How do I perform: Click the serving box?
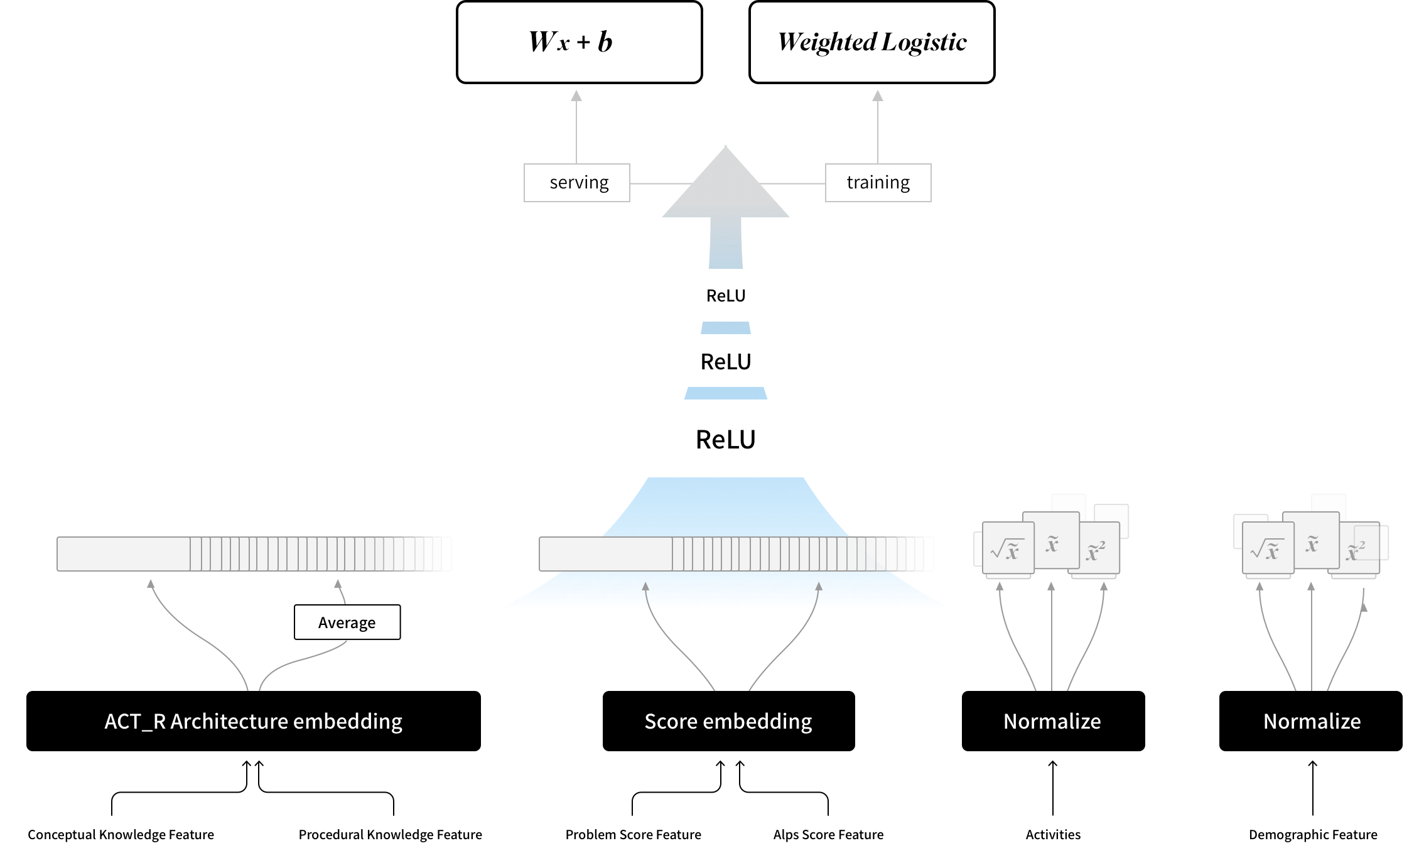pyautogui.click(x=577, y=183)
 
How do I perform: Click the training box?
pyautogui.click(x=878, y=183)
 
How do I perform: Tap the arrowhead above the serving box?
pyautogui.click(x=576, y=95)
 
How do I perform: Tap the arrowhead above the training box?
pyautogui.click(x=878, y=95)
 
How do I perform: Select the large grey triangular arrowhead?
pyautogui.click(x=726, y=188)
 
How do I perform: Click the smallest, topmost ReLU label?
pyautogui.click(x=726, y=296)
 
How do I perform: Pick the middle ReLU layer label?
pyautogui.click(x=726, y=362)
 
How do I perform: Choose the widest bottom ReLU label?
pyautogui.click(x=726, y=440)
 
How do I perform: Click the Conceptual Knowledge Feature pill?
pyautogui.click(x=121, y=834)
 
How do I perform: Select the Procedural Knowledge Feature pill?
pyautogui.click(x=390, y=834)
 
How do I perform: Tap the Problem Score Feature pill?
pyautogui.click(x=633, y=834)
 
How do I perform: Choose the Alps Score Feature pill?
pyautogui.click(x=828, y=834)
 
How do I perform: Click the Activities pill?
pyautogui.click(x=1053, y=834)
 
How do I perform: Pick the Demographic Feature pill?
pyautogui.click(x=1313, y=834)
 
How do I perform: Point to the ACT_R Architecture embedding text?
pyautogui.click(x=253, y=721)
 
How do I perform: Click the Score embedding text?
pyautogui.click(x=728, y=721)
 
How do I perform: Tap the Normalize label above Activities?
pyautogui.click(x=1052, y=721)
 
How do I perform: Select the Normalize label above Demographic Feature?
pyautogui.click(x=1312, y=721)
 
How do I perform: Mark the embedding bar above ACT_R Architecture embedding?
pyautogui.click(x=254, y=554)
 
